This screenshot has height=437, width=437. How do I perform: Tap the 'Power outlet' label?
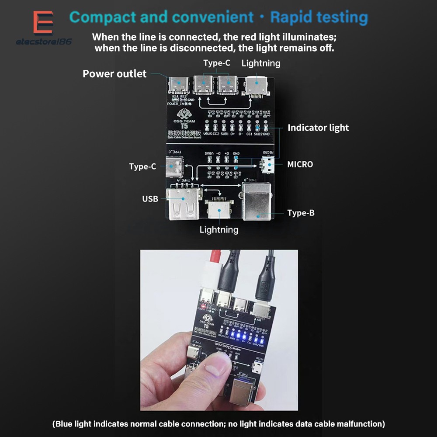[114, 74]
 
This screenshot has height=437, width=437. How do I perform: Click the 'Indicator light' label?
[318, 128]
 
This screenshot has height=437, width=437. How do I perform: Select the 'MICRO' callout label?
[300, 164]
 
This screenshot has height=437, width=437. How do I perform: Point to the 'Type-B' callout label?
[301, 213]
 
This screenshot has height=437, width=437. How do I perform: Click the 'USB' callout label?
[150, 199]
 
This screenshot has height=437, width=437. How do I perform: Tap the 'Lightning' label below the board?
[219, 229]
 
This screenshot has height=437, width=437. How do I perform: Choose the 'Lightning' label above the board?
[260, 63]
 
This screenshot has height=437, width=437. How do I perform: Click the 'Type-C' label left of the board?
[142, 166]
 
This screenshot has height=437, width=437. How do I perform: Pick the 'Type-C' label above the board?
[216, 63]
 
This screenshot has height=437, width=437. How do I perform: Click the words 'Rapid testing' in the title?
[319, 17]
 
